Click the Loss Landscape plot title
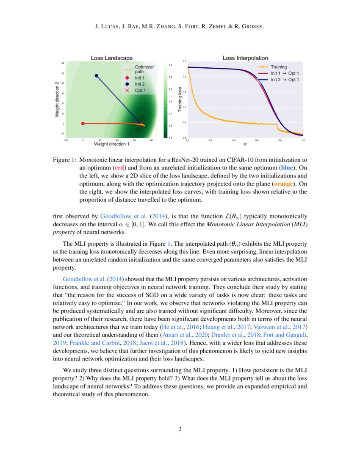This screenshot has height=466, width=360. tap(112, 58)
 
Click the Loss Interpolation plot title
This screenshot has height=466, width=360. tap(245, 58)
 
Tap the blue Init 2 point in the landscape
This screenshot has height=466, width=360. tap(97, 76)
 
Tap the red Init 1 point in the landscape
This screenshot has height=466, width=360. tap(83, 124)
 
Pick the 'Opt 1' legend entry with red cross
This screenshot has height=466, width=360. tap(140, 90)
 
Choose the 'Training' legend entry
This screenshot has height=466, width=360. tap(279, 67)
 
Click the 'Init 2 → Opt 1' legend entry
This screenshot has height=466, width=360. tap(285, 79)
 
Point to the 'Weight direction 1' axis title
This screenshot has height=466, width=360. tap(111, 144)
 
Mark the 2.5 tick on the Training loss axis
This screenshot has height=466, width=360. tap(185, 62)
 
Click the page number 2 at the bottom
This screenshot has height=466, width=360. tap(180, 429)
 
